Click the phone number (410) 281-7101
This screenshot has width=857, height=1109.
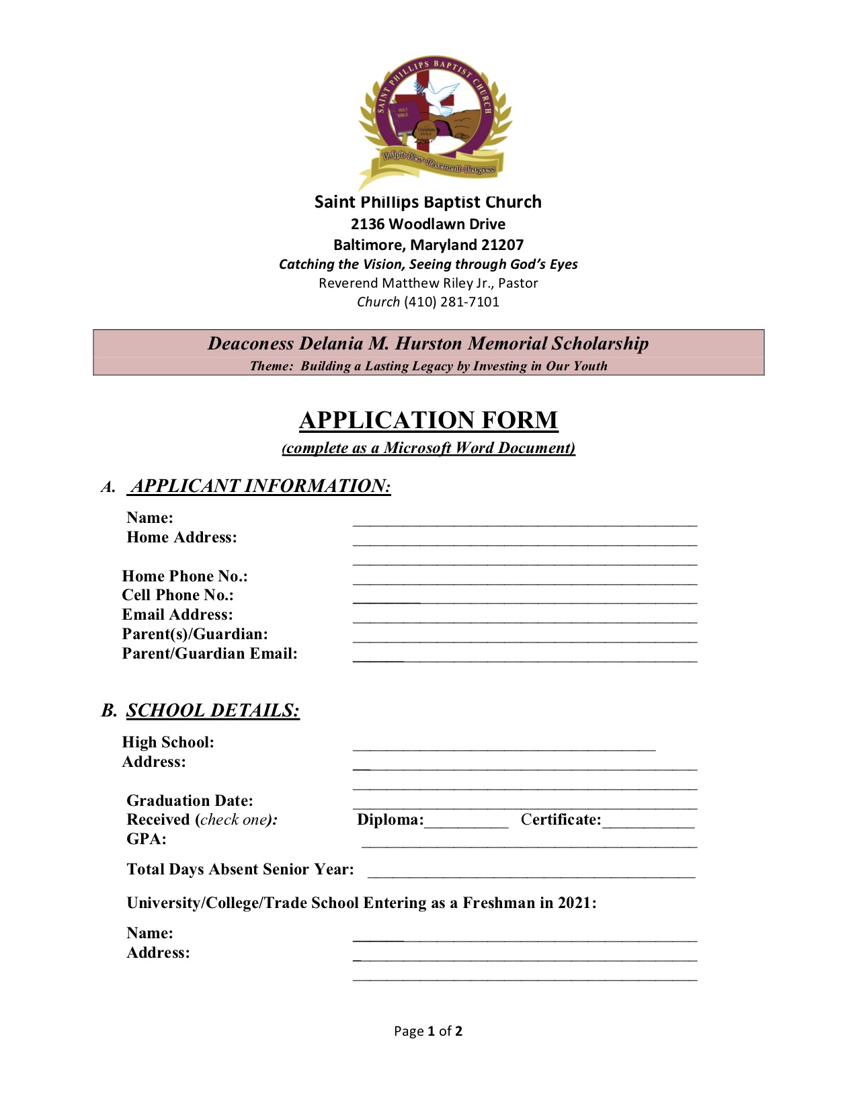(452, 302)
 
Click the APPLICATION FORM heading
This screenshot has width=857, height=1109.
(428, 420)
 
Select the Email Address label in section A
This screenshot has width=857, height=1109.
(177, 614)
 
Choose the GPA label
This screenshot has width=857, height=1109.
(147, 839)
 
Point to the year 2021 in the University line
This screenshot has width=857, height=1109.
(575, 903)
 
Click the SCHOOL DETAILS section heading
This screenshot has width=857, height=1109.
(213, 710)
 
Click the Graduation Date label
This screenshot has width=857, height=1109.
(190, 800)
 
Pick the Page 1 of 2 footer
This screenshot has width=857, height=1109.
(428, 1031)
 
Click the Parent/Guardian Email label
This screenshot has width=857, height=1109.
(210, 653)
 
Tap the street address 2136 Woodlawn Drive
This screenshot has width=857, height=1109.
(428, 224)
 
